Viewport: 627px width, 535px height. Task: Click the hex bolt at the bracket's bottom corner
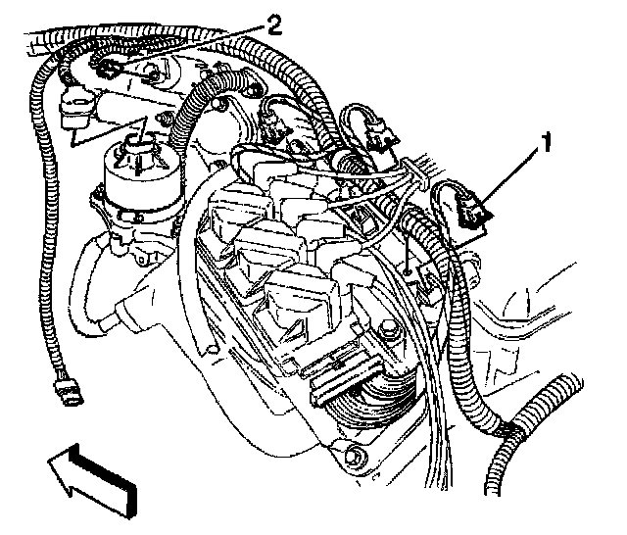click(x=356, y=457)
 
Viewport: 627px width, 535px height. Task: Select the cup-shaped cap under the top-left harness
click(x=76, y=108)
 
